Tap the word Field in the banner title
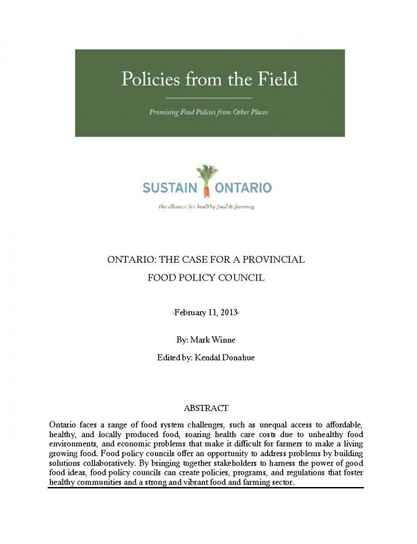[275, 79]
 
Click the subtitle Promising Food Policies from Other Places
[209, 113]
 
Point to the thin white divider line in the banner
[209, 98]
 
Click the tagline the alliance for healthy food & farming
[206, 206]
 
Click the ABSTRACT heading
[206, 408]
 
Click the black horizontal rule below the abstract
[206, 488]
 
